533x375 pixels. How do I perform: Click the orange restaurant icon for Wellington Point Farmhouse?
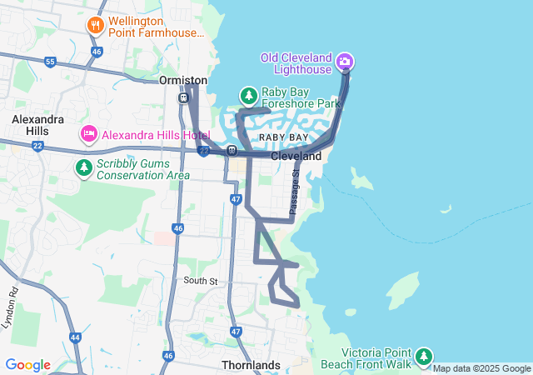[96, 25]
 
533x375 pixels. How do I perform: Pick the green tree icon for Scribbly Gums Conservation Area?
[84, 168]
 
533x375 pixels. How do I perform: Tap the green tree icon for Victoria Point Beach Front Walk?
[424, 357]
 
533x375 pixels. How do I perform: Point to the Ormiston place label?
[182, 80]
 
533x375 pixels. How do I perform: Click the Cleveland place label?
[296, 156]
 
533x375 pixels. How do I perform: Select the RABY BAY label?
[283, 137]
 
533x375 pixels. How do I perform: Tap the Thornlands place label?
[251, 365]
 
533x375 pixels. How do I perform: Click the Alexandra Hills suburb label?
[37, 126]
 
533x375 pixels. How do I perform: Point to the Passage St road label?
[294, 193]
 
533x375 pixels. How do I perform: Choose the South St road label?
[201, 281]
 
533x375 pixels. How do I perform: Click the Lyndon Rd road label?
[11, 307]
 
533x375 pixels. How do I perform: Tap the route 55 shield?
[51, 62]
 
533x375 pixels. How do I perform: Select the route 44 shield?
[75, 337]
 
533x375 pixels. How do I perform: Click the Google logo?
[27, 365]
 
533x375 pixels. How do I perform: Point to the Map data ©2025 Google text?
[481, 368]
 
